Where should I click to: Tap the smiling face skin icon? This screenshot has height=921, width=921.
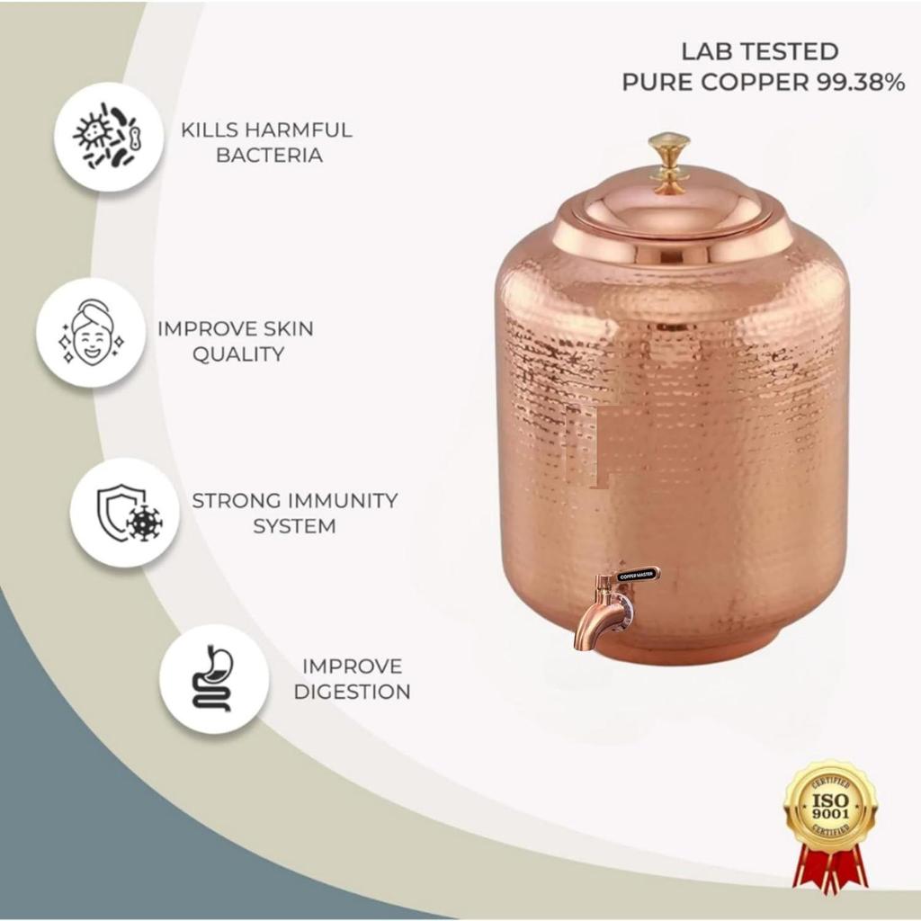(x=91, y=333)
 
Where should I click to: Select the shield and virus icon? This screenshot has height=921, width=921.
(x=125, y=513)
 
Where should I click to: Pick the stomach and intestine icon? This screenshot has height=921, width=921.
(x=214, y=679)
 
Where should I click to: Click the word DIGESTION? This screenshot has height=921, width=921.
(x=353, y=692)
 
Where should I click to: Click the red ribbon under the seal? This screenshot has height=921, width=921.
(x=830, y=870)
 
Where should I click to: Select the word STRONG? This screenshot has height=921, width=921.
(x=237, y=501)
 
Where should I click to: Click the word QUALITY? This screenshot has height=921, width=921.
(x=238, y=354)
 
